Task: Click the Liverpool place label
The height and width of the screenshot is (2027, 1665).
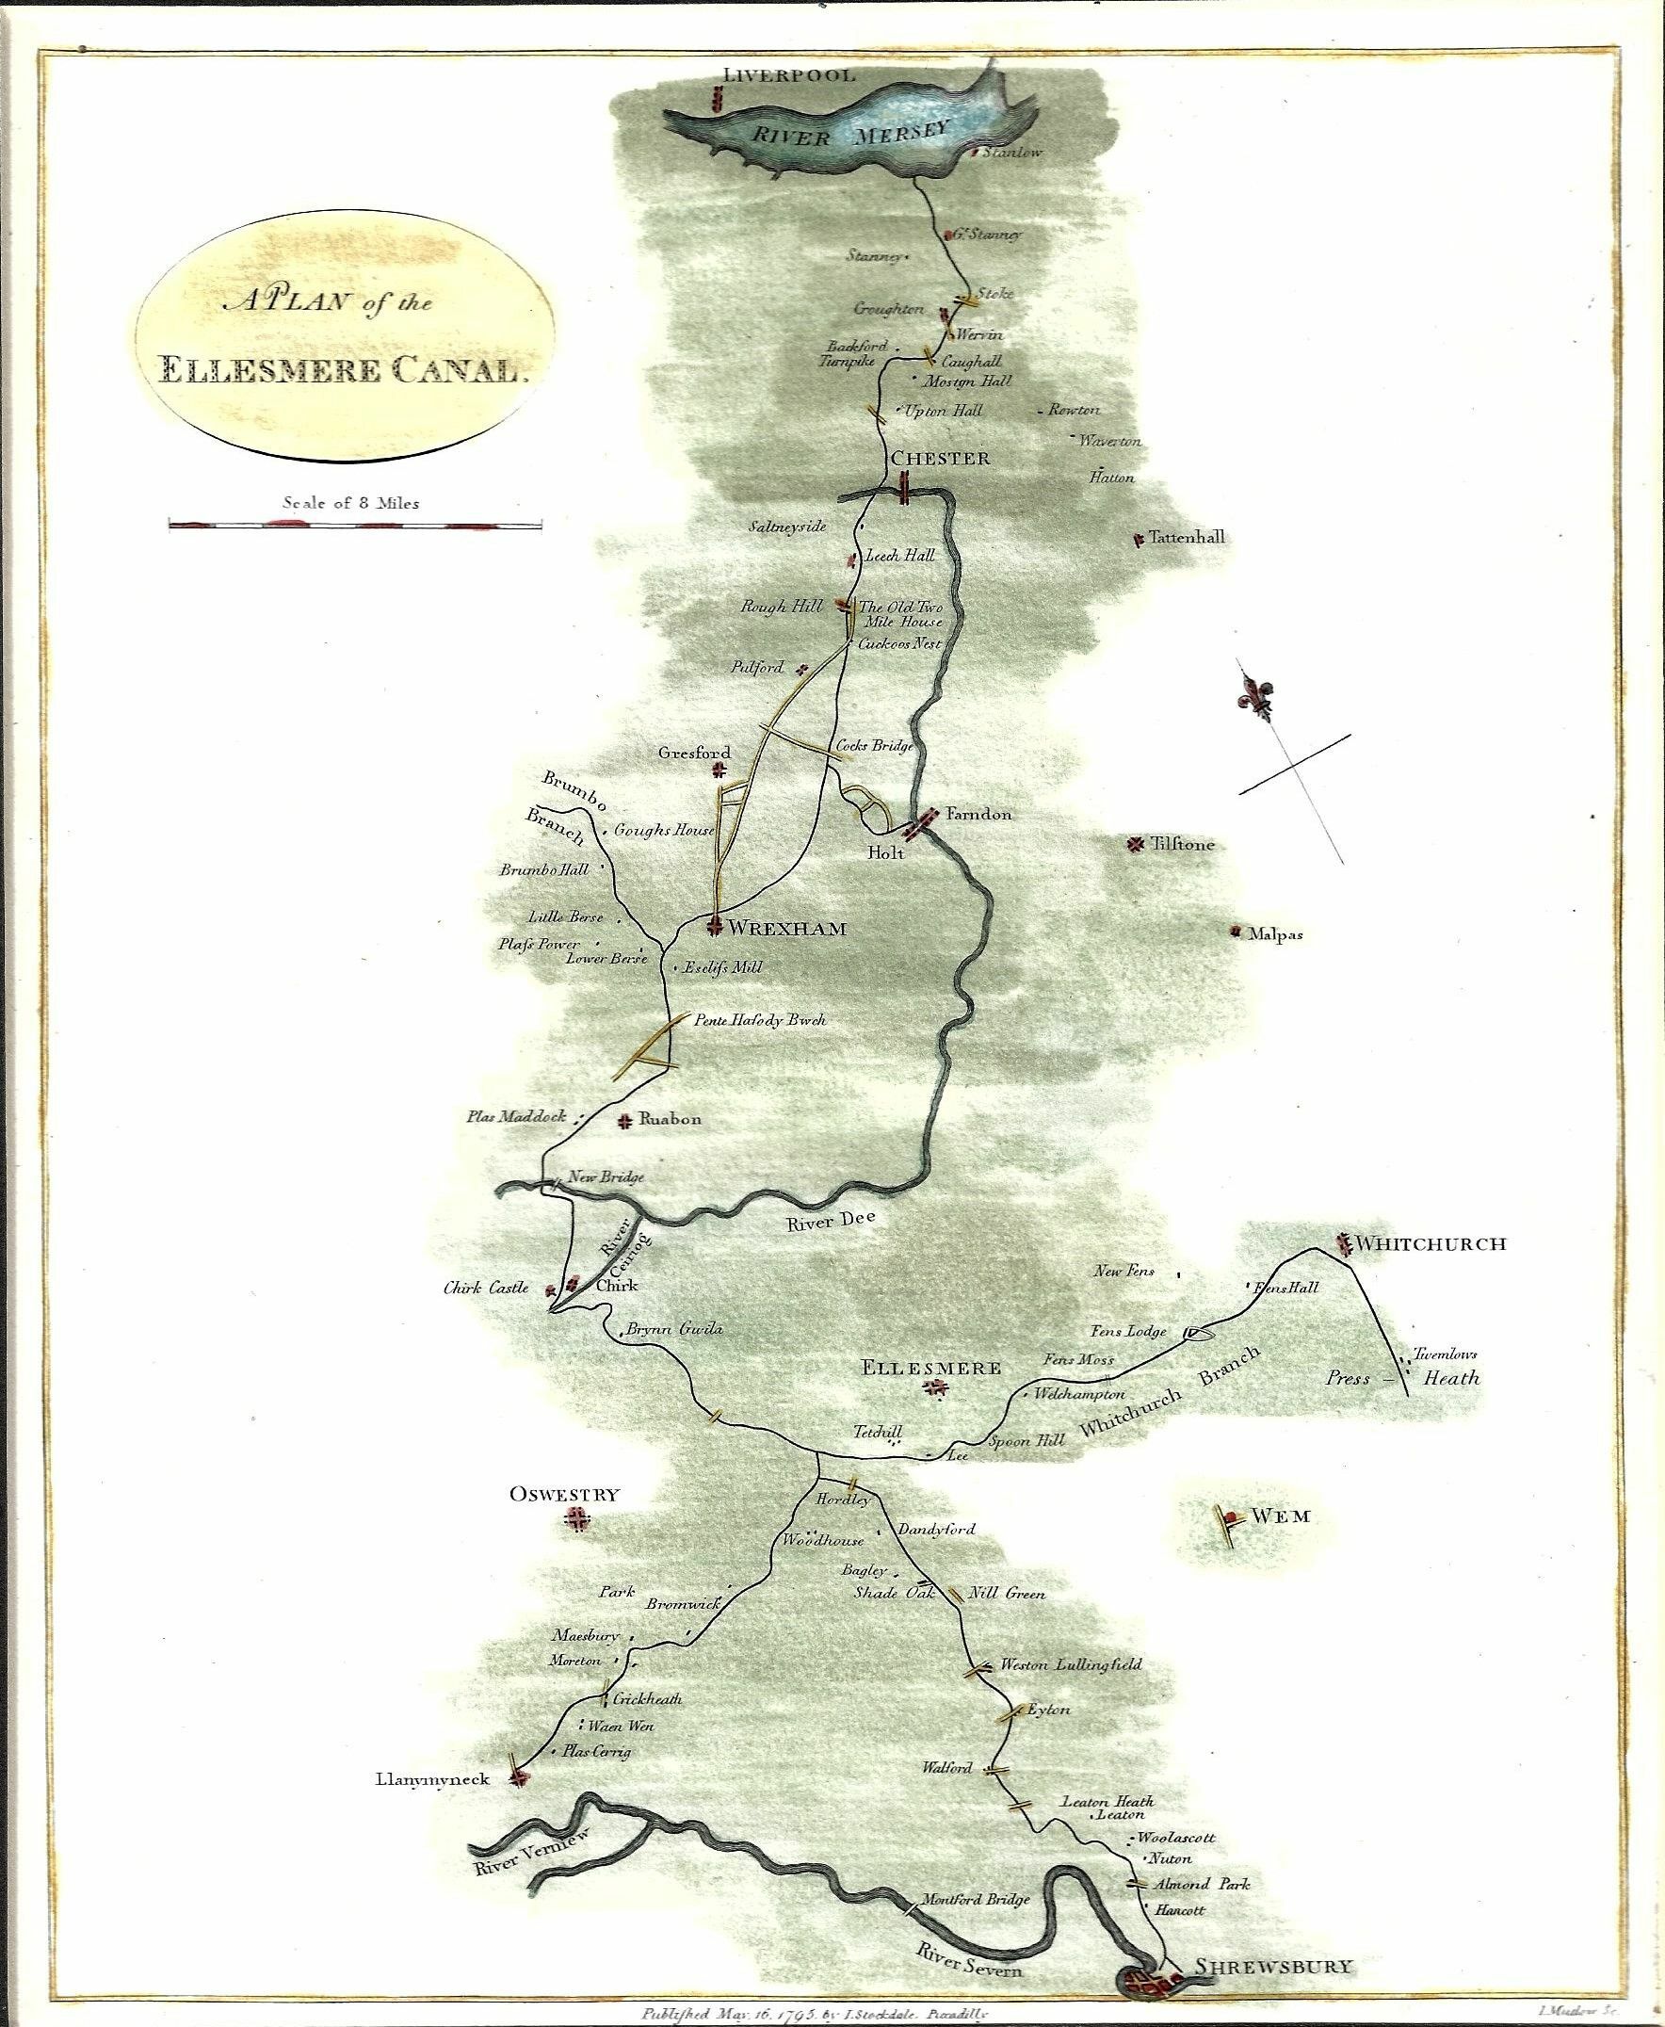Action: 788,74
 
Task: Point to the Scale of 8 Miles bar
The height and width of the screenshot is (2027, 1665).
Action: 355,525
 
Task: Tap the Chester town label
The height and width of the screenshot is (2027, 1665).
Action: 940,459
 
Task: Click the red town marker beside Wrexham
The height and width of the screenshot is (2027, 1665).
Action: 715,927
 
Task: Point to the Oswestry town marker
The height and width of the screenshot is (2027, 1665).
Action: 577,1518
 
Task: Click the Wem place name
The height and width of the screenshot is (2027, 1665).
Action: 1281,1516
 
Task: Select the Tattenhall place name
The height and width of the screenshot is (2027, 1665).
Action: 1187,538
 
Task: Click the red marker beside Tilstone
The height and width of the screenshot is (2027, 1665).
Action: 1136,844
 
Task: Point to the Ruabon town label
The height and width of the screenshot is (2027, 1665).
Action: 670,1119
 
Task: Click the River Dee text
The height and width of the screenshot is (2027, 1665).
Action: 831,1224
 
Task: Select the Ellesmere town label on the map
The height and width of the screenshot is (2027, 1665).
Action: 931,1368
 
